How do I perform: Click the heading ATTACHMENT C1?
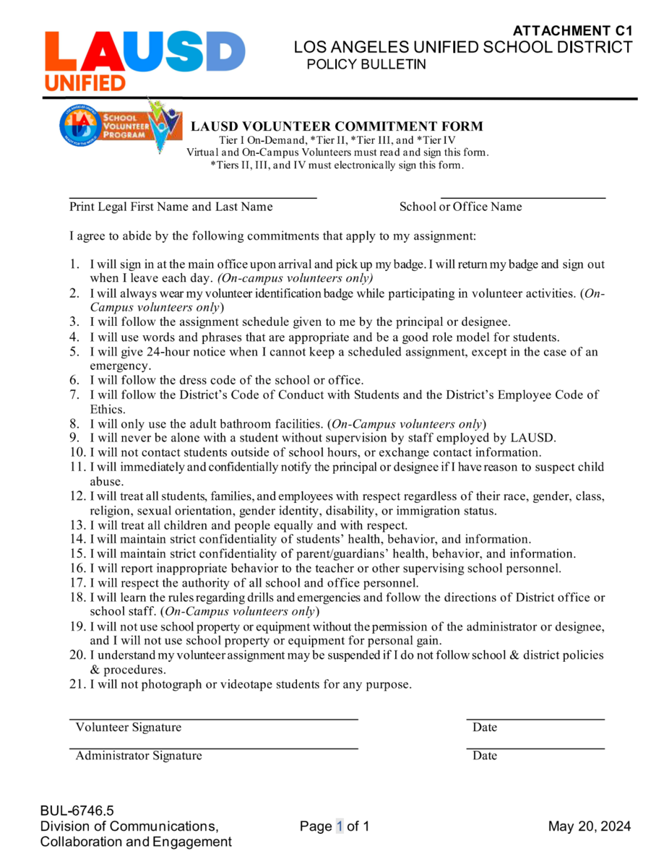point(572,31)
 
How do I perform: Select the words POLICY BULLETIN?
point(366,64)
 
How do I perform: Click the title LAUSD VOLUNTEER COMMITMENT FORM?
point(337,127)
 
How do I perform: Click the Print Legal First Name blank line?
point(193,197)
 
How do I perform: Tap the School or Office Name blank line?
point(522,197)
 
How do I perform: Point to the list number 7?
point(74,394)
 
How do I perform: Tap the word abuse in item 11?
point(105,481)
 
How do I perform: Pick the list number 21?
point(77,684)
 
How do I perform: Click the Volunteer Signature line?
point(214,719)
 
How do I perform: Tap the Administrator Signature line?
point(214,748)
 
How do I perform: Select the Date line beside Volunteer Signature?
point(535,719)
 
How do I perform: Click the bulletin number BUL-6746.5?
point(77,811)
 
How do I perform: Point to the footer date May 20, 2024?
point(589,827)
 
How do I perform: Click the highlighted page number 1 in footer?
point(340,827)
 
